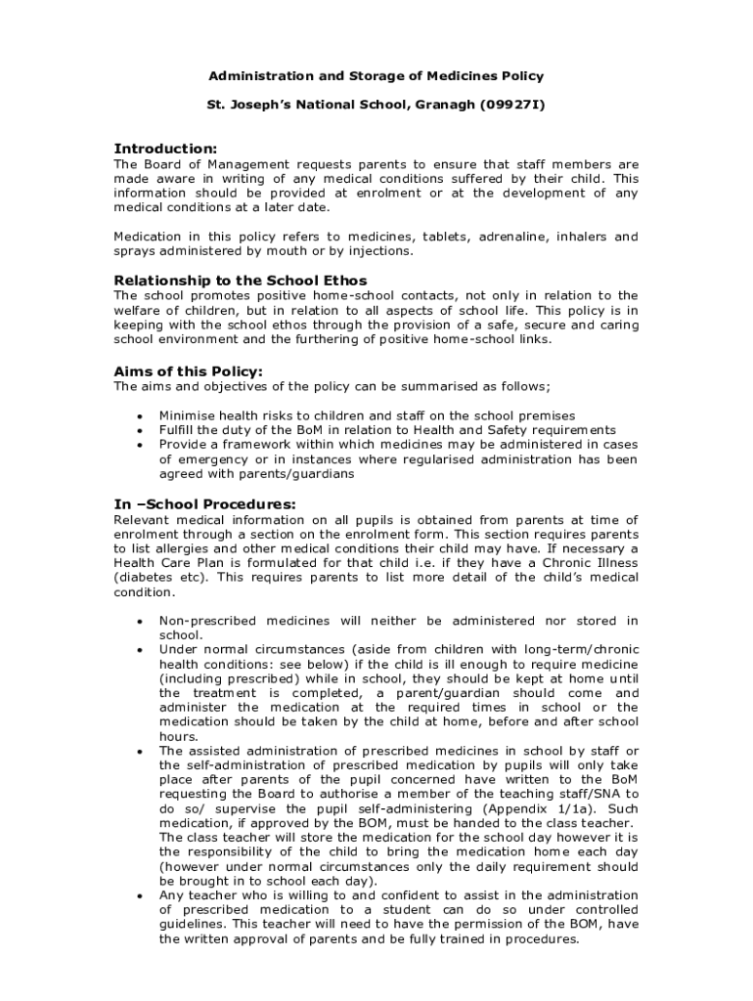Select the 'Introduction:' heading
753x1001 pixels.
(165, 149)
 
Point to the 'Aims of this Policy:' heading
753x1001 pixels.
(189, 371)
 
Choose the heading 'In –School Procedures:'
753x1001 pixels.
(205, 504)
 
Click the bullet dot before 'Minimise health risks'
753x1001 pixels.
(141, 416)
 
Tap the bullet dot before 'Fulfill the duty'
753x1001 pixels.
(141, 431)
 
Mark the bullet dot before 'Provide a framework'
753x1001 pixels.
(141, 445)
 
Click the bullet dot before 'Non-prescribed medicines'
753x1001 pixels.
(141, 622)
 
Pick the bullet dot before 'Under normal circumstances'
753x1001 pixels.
(141, 650)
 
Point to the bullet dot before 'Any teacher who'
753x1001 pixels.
(141, 896)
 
